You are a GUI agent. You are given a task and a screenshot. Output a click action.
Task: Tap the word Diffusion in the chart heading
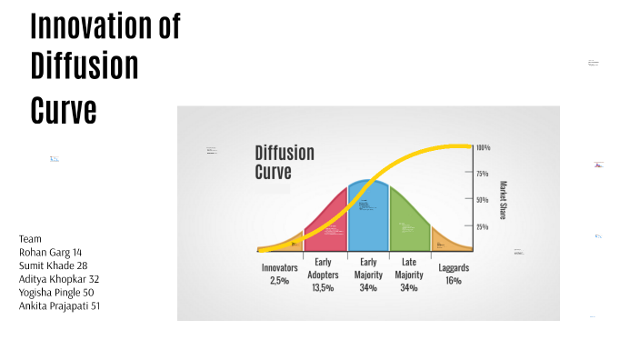(x=285, y=152)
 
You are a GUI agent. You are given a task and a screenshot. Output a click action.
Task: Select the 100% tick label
(x=483, y=147)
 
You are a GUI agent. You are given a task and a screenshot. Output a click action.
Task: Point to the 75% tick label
(x=483, y=173)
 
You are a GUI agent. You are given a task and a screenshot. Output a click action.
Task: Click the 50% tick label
(x=483, y=199)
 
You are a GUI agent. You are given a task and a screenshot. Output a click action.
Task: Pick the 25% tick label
(x=483, y=226)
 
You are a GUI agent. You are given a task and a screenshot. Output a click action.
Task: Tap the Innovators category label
(x=280, y=268)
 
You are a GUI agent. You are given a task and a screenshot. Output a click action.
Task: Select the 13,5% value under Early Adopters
(x=323, y=287)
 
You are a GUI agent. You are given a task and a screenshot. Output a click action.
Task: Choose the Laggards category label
(x=455, y=268)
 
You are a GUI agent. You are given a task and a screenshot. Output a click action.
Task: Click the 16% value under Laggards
(x=454, y=281)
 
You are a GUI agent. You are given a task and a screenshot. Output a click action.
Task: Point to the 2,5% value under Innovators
(x=279, y=281)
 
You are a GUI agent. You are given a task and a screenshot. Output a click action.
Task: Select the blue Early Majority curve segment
(x=368, y=218)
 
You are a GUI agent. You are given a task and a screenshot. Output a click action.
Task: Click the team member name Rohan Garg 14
(x=51, y=252)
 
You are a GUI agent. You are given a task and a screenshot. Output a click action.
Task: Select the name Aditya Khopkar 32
(x=59, y=279)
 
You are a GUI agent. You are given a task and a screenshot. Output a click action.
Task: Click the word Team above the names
(x=30, y=238)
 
